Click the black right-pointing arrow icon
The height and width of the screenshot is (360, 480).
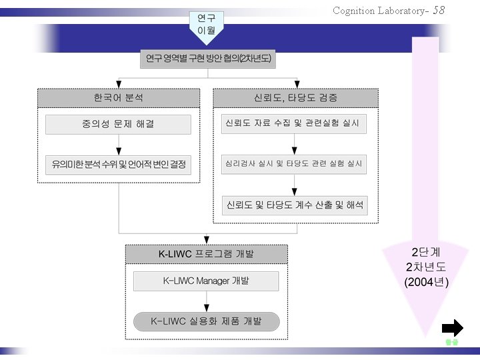tap(453, 327)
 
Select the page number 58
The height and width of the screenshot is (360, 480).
tap(439, 10)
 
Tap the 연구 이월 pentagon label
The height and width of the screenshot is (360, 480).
tap(207, 25)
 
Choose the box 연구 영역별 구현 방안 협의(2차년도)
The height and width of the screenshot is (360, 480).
tap(209, 59)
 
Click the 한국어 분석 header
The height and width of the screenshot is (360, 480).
tap(118, 98)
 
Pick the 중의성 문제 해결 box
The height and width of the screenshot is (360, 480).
tap(118, 125)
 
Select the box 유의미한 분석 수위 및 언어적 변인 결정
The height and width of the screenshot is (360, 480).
tap(118, 164)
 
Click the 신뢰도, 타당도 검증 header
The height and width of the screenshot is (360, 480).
tap(295, 98)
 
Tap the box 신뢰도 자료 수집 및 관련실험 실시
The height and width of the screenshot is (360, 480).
tap(293, 124)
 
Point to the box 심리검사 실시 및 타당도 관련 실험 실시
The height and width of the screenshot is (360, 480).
tap(293, 164)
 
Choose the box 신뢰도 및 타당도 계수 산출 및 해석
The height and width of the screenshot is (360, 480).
tap(293, 205)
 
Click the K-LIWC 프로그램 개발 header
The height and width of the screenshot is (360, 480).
tap(206, 254)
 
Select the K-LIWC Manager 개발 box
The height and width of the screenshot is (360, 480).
tap(206, 281)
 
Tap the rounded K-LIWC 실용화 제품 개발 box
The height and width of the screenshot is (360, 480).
tap(206, 321)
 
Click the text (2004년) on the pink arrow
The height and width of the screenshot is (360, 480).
tap(427, 282)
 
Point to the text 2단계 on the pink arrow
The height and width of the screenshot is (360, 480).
tap(427, 253)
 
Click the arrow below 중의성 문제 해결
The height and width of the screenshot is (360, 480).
tap(118, 145)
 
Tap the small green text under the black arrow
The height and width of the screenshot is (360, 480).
tap(452, 342)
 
